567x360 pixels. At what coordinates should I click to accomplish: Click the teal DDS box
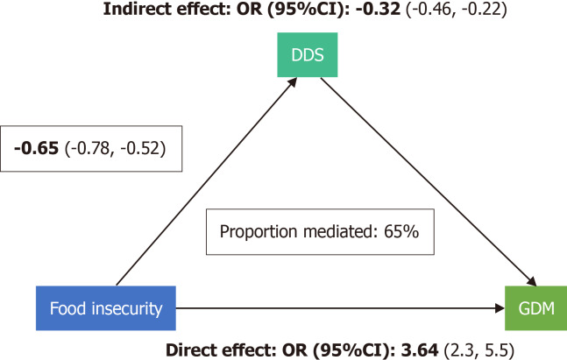point(308,54)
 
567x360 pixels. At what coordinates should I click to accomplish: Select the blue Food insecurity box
point(106,308)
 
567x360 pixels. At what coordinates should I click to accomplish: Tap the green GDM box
point(536,308)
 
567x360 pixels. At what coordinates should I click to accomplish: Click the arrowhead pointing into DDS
point(292,82)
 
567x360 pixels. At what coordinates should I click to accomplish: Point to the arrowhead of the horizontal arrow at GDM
point(500,308)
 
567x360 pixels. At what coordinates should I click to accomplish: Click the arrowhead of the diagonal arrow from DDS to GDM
point(531,281)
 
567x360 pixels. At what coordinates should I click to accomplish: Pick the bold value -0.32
point(379,9)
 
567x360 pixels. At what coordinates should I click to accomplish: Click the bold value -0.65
point(36,148)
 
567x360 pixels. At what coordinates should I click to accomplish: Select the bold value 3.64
point(420,350)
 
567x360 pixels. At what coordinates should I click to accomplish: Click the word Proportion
point(259,232)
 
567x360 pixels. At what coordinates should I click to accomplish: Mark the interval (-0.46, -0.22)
point(457,10)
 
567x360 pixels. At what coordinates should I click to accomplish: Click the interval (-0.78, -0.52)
point(115,149)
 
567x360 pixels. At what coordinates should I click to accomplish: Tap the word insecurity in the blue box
point(127,309)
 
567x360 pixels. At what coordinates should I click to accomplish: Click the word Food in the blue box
point(68,308)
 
